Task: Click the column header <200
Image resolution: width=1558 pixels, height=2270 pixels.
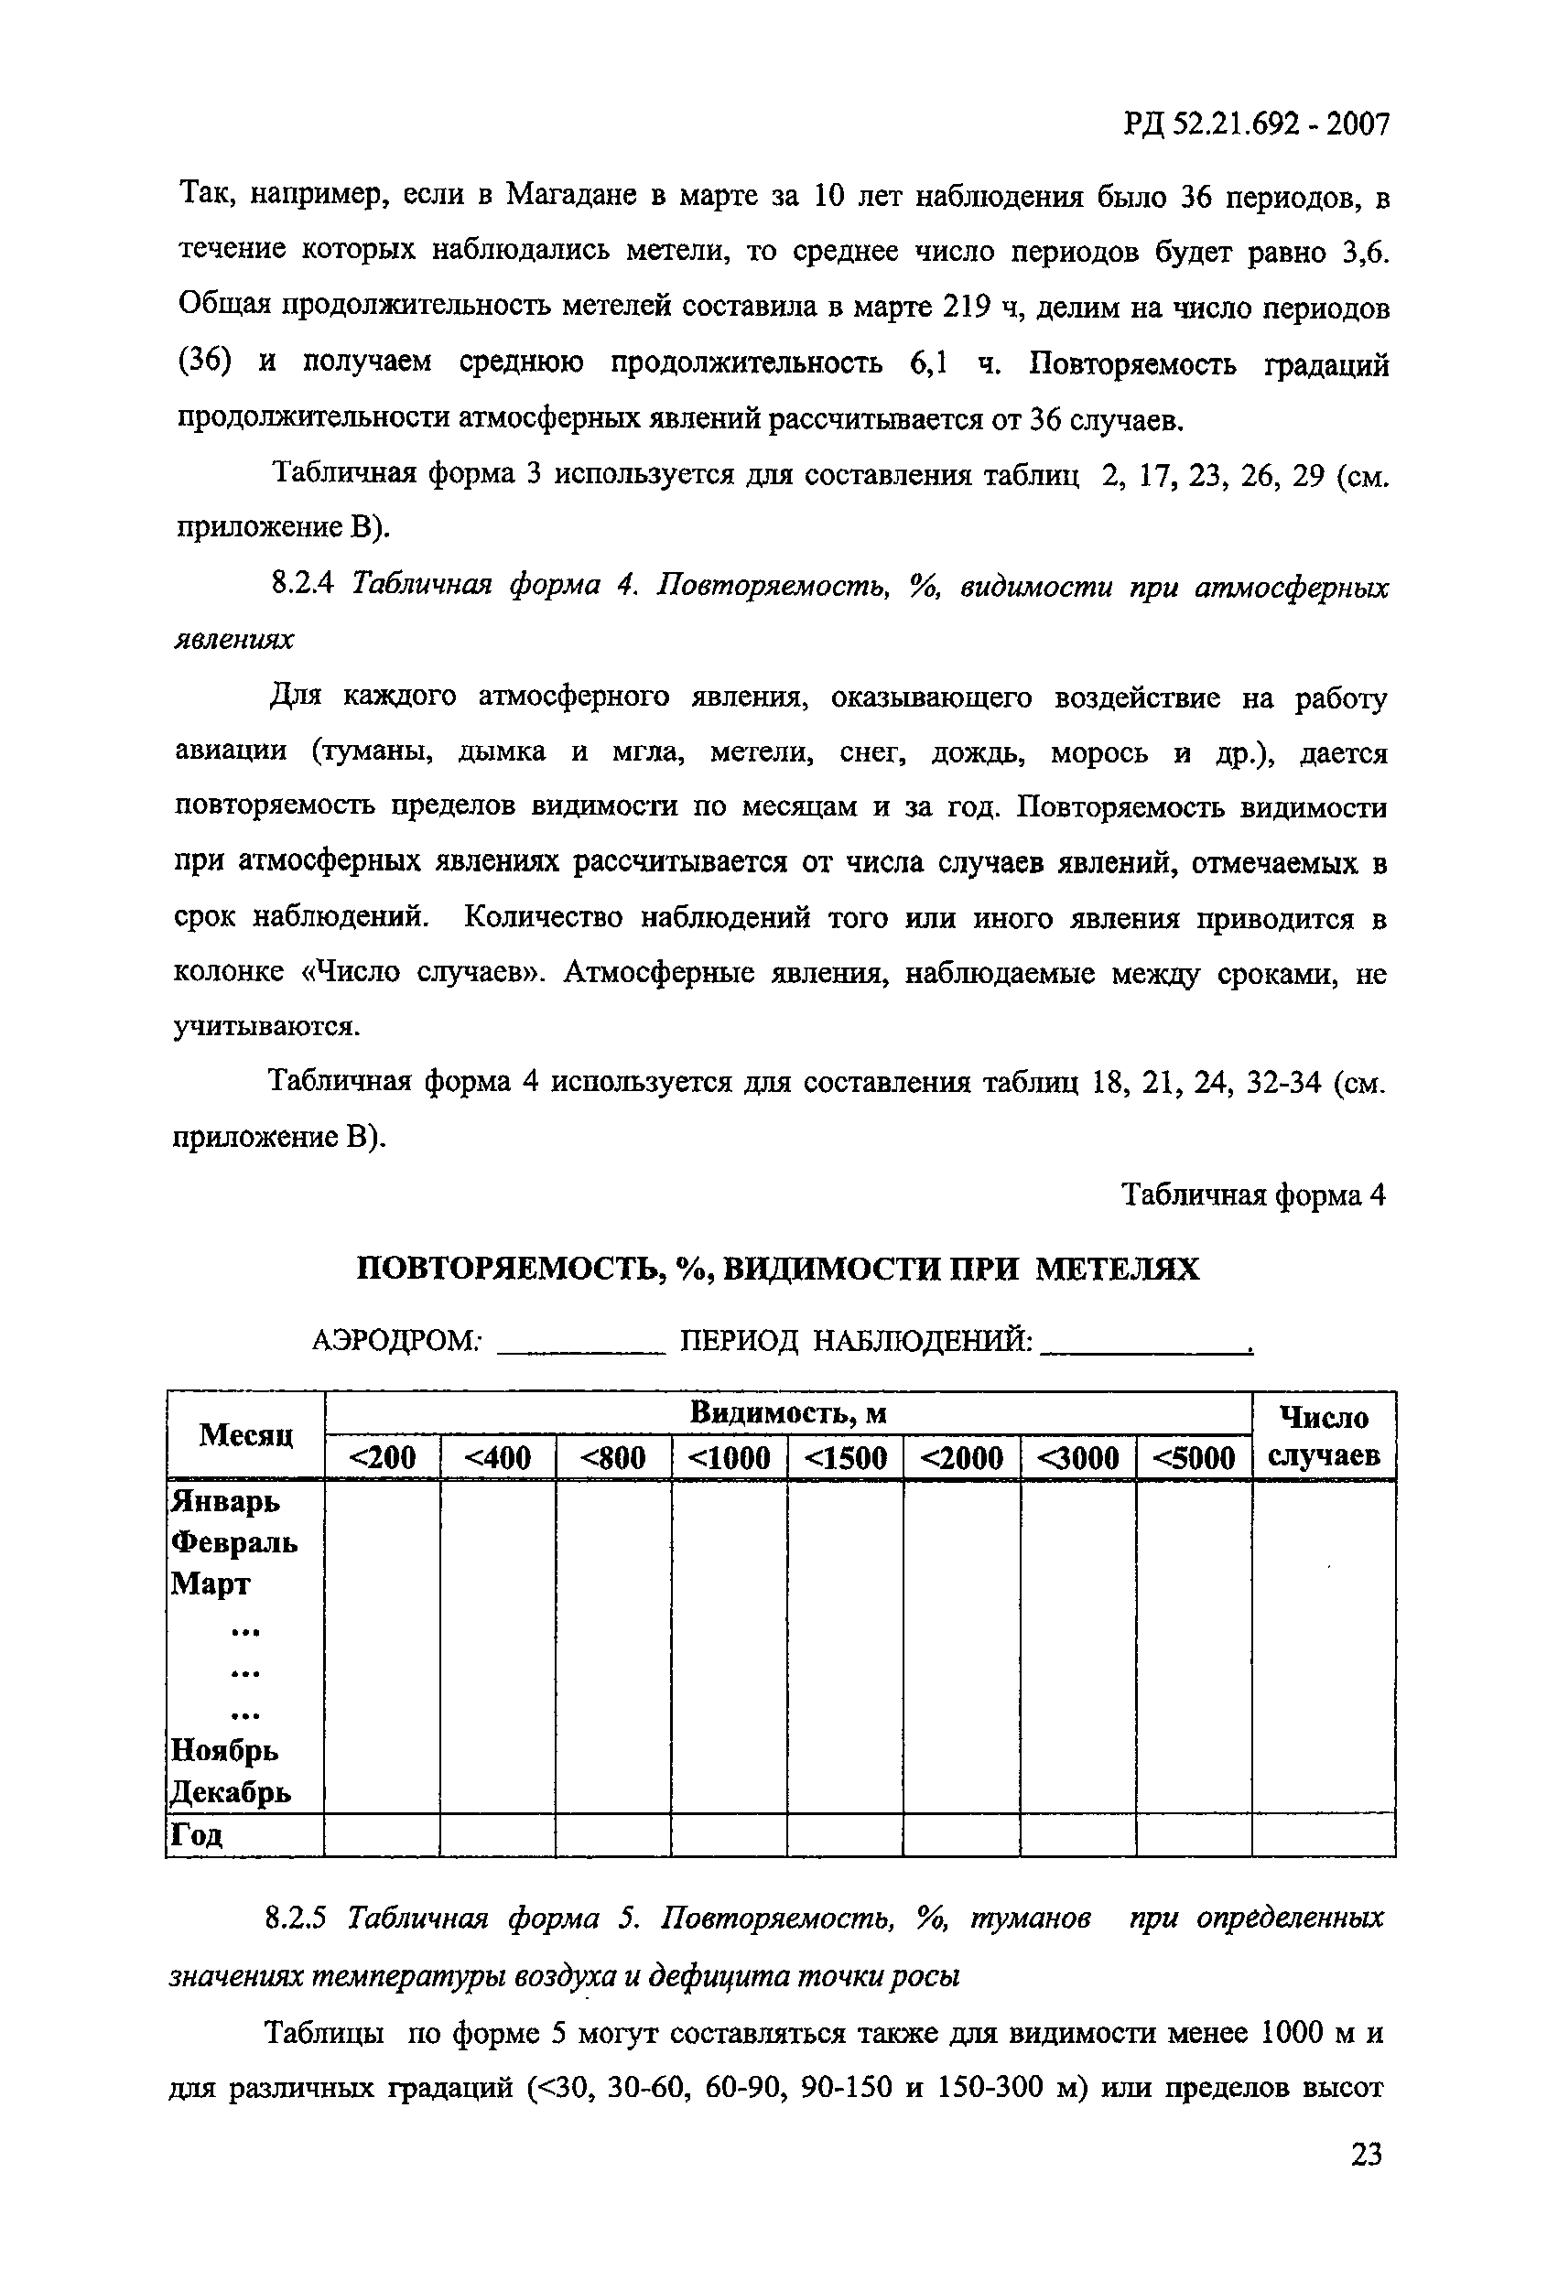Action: pos(382,1457)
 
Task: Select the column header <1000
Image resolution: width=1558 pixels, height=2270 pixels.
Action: pos(729,1457)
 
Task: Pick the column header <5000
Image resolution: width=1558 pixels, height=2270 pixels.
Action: pos(1194,1457)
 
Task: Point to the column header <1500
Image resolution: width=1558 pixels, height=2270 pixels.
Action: pos(845,1457)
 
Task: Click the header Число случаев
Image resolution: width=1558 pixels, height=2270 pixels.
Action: pos(1324,1436)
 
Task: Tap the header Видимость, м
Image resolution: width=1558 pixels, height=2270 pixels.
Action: pos(787,1412)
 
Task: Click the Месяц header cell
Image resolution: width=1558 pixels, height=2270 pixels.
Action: pos(245,1434)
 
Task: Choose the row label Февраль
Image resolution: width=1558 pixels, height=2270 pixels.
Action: pos(234,1541)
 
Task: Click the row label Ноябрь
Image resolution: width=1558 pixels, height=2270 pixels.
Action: pos(224,1749)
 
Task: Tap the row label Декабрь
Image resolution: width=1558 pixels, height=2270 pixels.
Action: pos(231,1791)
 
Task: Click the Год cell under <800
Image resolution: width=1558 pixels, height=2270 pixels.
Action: pos(612,1834)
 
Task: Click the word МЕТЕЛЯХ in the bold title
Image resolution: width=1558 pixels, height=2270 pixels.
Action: pos(1117,1269)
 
